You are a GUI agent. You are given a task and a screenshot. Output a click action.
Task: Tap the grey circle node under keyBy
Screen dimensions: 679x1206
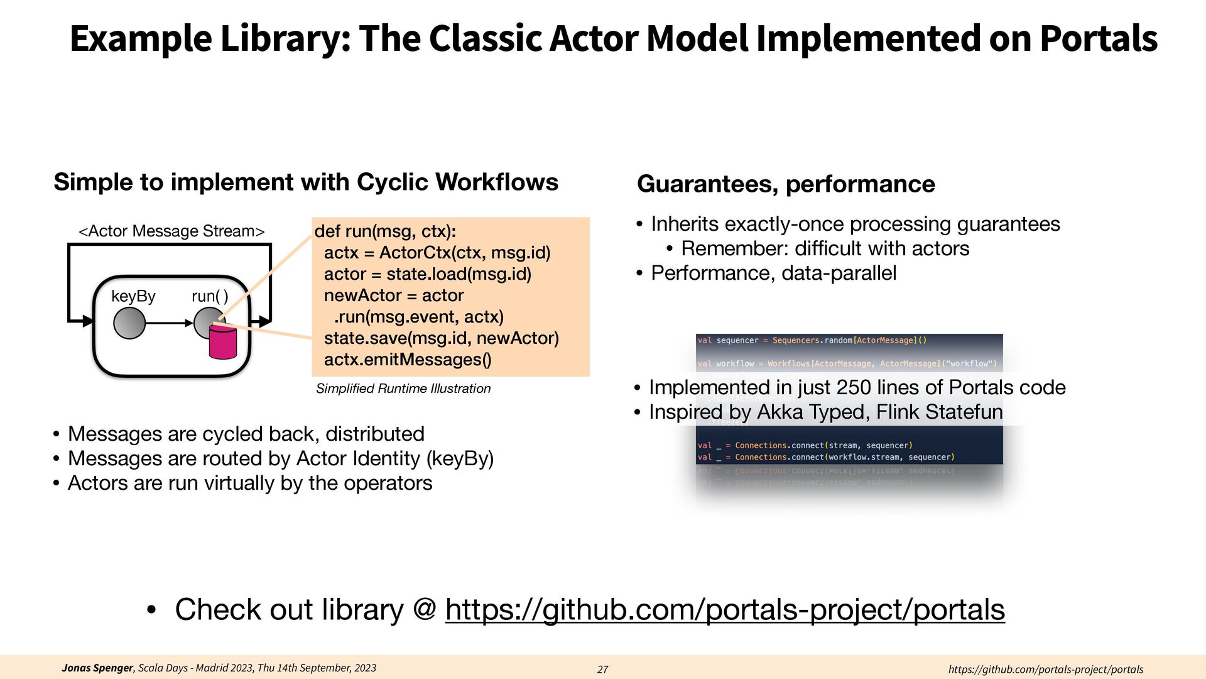coord(129,323)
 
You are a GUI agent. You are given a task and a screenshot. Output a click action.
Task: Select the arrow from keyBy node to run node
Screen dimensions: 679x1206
coord(170,323)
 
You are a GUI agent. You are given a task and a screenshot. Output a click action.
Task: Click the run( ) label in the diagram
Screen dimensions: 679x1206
coord(210,296)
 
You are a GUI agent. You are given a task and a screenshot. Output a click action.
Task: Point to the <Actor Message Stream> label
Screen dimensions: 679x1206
coord(171,231)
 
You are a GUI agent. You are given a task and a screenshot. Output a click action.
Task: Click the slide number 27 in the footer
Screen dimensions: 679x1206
coord(602,670)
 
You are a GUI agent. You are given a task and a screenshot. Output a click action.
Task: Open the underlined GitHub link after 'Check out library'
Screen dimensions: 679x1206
coord(725,610)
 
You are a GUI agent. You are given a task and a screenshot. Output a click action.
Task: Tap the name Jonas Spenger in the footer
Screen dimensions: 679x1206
coord(97,668)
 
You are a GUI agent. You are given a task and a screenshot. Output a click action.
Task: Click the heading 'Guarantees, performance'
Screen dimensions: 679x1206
coord(786,184)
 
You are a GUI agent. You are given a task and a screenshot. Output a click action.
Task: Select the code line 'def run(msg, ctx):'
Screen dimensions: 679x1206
coord(385,231)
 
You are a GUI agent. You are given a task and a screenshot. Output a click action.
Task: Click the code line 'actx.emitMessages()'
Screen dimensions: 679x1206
coord(408,360)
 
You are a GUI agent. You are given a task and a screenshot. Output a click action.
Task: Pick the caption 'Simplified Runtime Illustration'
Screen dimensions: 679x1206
coord(403,389)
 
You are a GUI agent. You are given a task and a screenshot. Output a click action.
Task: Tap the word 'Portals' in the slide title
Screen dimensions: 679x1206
coord(1098,39)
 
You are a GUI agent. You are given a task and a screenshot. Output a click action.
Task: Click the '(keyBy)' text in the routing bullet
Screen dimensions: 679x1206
coord(460,458)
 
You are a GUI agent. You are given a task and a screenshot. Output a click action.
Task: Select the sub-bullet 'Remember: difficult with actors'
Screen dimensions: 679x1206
coord(825,248)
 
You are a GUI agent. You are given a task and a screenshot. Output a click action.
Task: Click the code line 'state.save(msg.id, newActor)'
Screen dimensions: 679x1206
coord(441,338)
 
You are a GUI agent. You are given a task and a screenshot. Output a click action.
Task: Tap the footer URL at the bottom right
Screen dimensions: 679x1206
coord(1045,670)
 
